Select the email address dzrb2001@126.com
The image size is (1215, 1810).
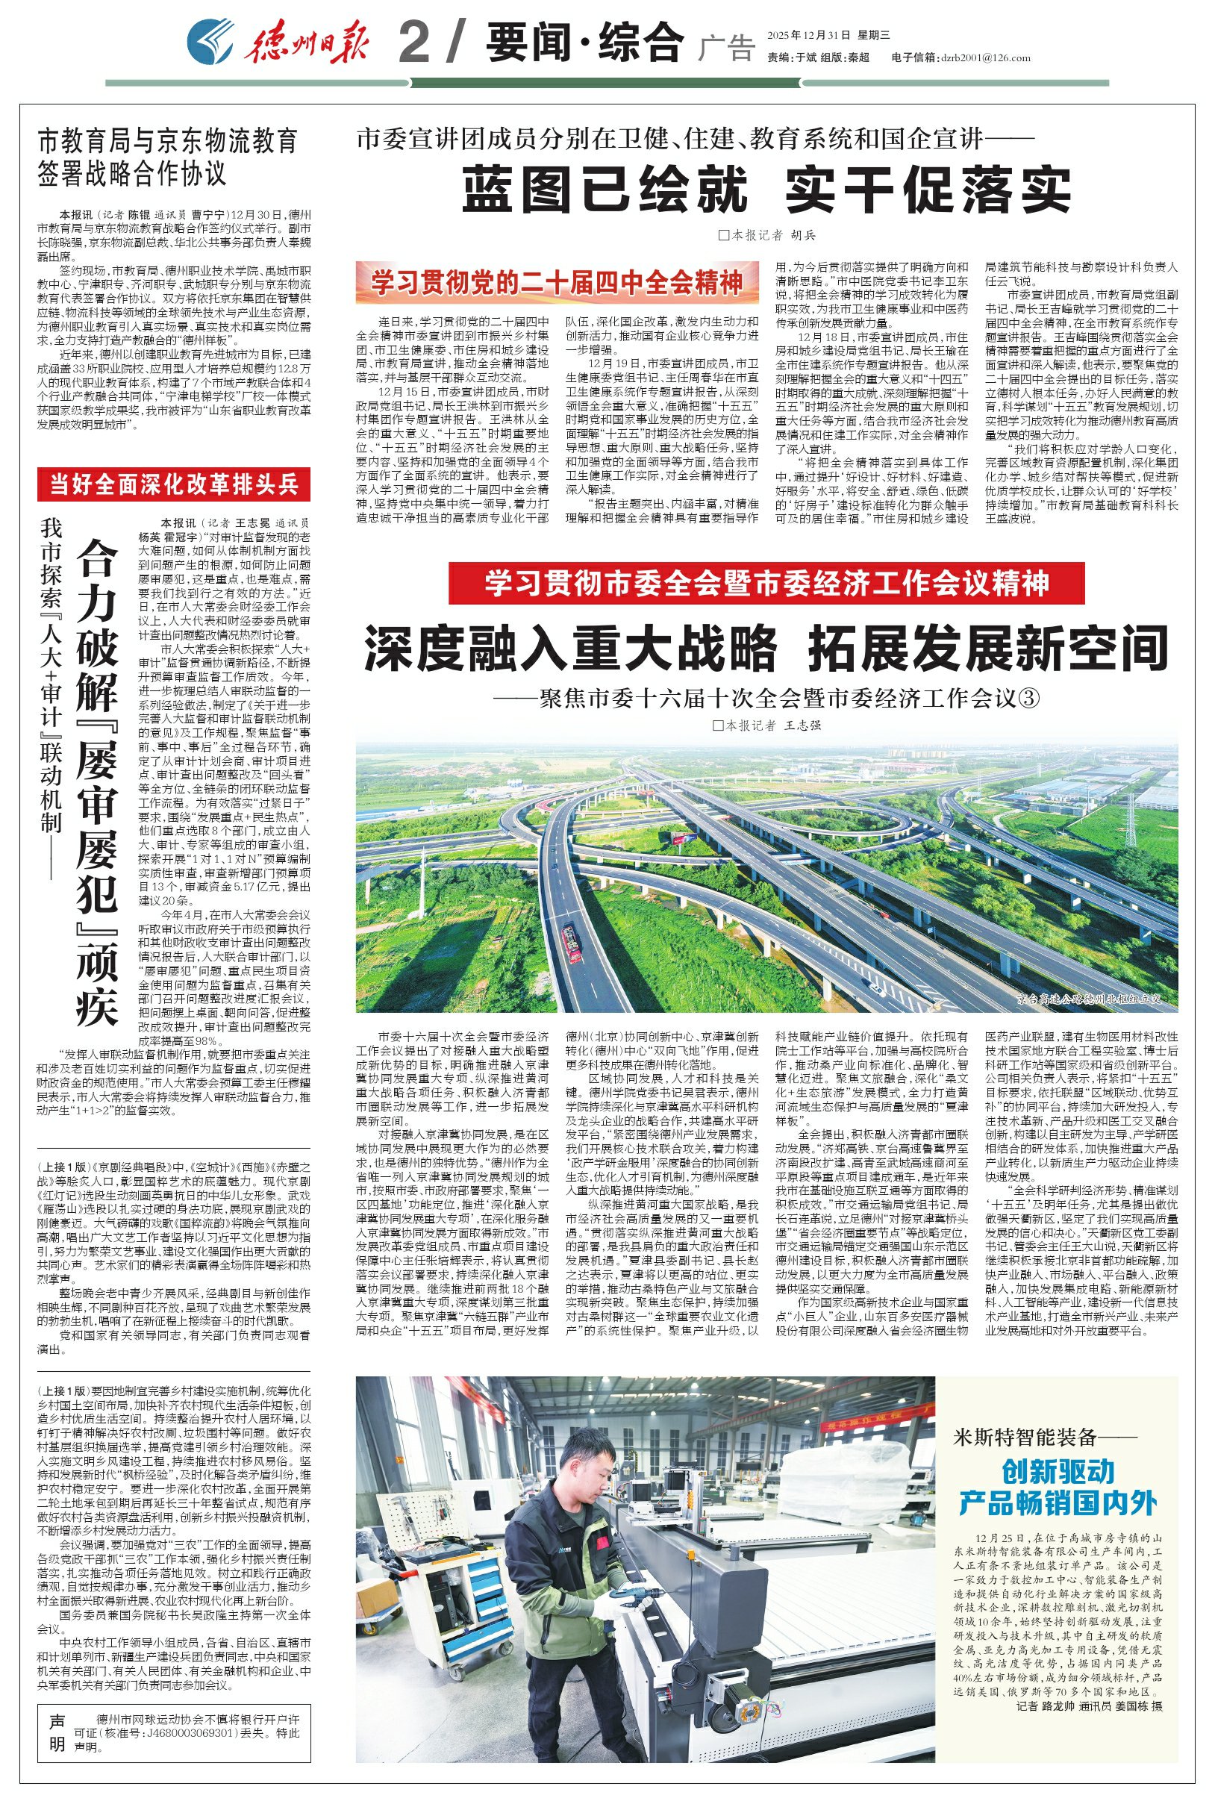pos(984,57)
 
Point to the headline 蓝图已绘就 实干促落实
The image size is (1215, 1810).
pos(766,188)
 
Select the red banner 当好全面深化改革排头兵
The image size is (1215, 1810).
pos(175,485)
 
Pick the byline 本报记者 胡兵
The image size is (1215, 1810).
pos(766,235)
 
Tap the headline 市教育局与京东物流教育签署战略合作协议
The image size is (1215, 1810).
pos(168,157)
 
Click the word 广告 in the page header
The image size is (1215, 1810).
pos(725,49)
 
